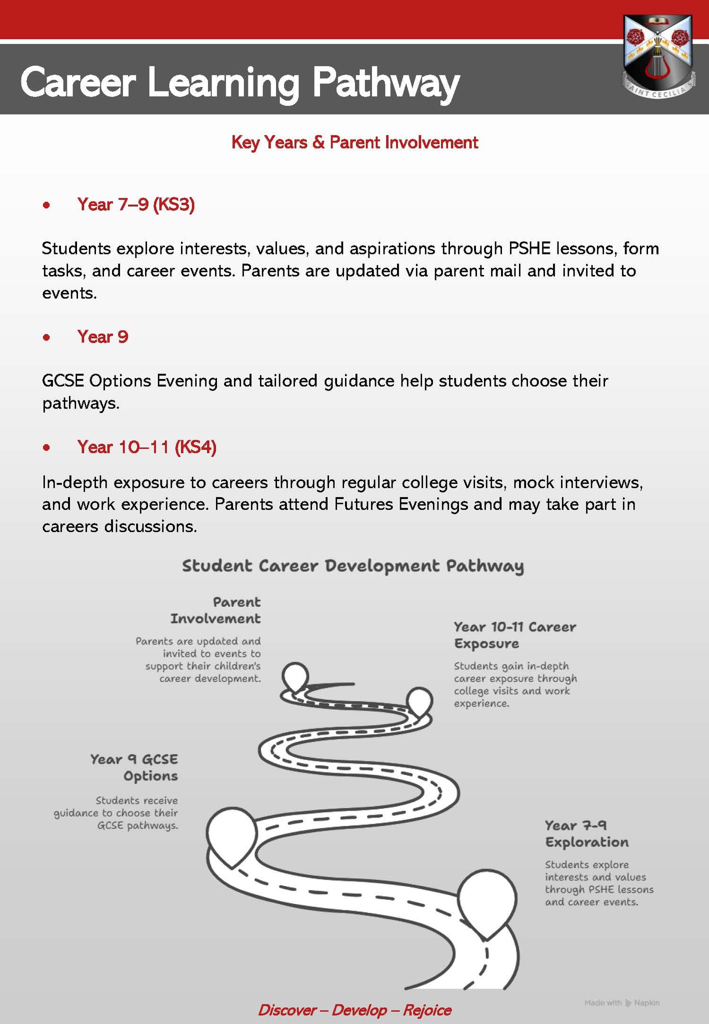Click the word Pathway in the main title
[385, 82]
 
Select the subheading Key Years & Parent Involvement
[354, 142]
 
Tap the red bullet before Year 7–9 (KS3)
[46, 205]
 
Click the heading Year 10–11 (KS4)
[146, 446]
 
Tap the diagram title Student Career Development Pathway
[352, 565]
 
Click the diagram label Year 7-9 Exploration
[586, 833]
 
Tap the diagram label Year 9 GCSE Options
[134, 767]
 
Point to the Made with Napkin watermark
[621, 1002]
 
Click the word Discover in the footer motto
[286, 1010]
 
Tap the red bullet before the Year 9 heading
[46, 337]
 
